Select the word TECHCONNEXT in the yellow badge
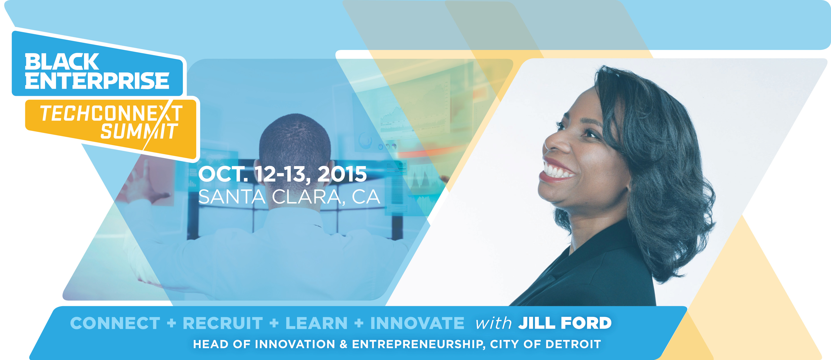(111, 113)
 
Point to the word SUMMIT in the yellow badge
(139, 131)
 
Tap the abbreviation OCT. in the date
(223, 174)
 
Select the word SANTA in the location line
(232, 197)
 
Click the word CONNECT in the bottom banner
(115, 323)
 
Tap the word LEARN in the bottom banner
(316, 323)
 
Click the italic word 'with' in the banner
(493, 323)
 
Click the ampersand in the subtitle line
(344, 344)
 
